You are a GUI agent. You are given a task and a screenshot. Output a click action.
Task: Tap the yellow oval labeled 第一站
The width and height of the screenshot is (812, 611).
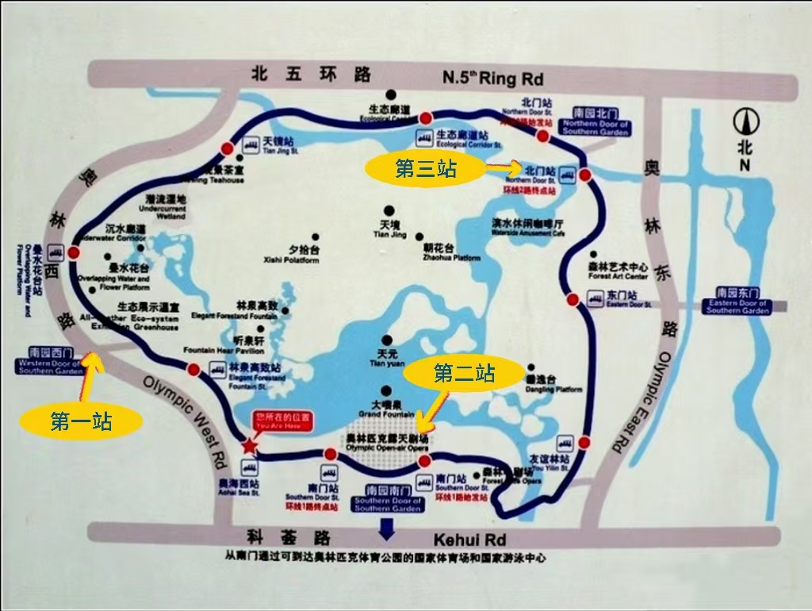tap(81, 421)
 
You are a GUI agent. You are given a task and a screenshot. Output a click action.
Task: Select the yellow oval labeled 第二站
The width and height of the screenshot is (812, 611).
tap(464, 373)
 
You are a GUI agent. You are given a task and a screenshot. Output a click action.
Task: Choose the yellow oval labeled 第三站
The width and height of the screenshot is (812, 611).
tap(424, 168)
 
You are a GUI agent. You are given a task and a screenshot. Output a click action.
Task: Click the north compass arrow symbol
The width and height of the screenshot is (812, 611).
tap(744, 122)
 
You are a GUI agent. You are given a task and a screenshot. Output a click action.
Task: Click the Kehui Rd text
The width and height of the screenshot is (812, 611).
tap(469, 540)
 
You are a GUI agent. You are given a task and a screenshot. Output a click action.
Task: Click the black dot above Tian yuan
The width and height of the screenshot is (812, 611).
tap(386, 340)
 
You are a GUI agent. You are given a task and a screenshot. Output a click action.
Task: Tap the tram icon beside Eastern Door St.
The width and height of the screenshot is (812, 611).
tap(595, 298)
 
